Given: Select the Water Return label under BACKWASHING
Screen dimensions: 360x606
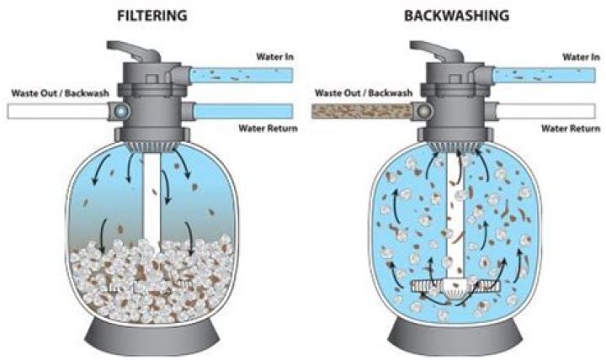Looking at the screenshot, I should [x=570, y=128].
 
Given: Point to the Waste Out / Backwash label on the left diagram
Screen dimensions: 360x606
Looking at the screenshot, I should [x=61, y=93].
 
